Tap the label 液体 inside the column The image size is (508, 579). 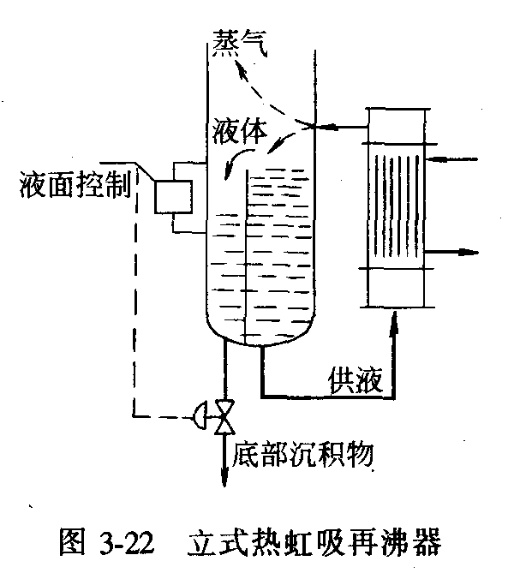(243, 129)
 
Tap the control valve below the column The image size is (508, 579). (225, 416)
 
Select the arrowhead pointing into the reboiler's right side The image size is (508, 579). (433, 159)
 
